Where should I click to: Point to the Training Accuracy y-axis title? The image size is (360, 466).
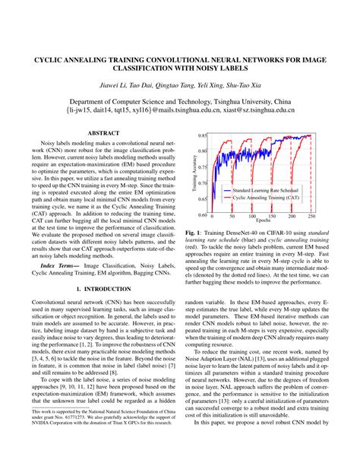click(193, 175)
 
